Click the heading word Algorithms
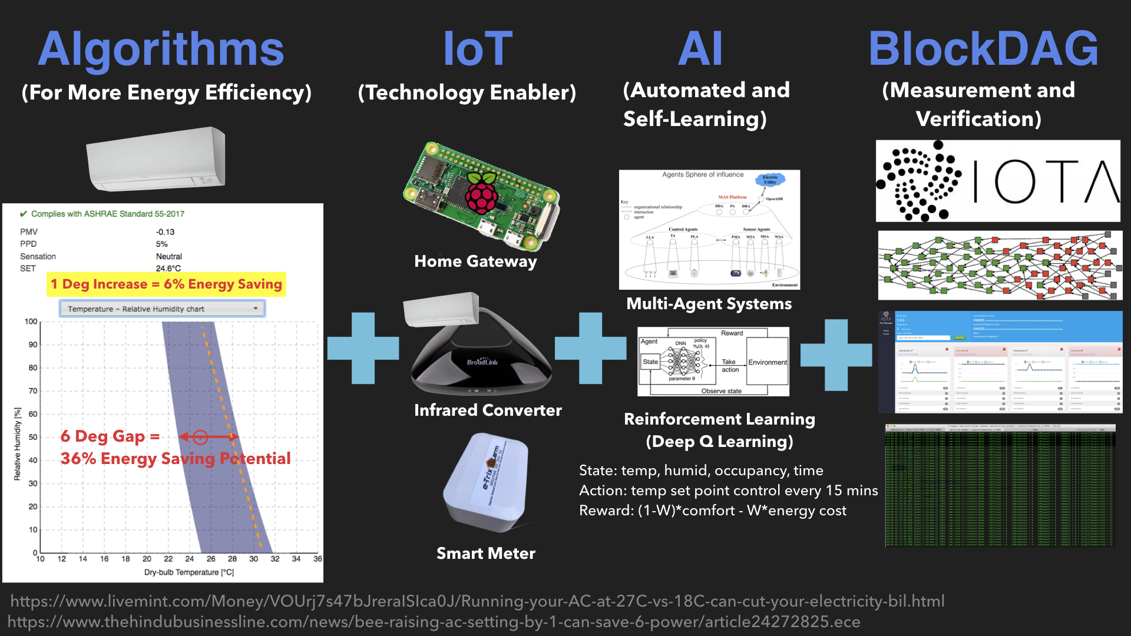[161, 49]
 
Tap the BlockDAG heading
[983, 49]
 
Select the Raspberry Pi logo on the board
[482, 192]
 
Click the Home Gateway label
[475, 261]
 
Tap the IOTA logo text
[1046, 181]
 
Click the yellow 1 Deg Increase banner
[166, 284]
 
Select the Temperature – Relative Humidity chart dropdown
[162, 309]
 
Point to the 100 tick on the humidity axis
[31, 322]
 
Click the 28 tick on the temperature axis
[232, 559]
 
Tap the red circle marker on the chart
[200, 437]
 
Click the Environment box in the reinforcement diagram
[768, 362]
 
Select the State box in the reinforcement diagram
[650, 362]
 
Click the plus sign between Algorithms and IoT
[363, 348]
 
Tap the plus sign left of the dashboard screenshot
[836, 355]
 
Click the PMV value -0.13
[165, 232]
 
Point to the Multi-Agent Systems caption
[709, 304]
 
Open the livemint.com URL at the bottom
[477, 601]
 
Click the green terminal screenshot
[1000, 486]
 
